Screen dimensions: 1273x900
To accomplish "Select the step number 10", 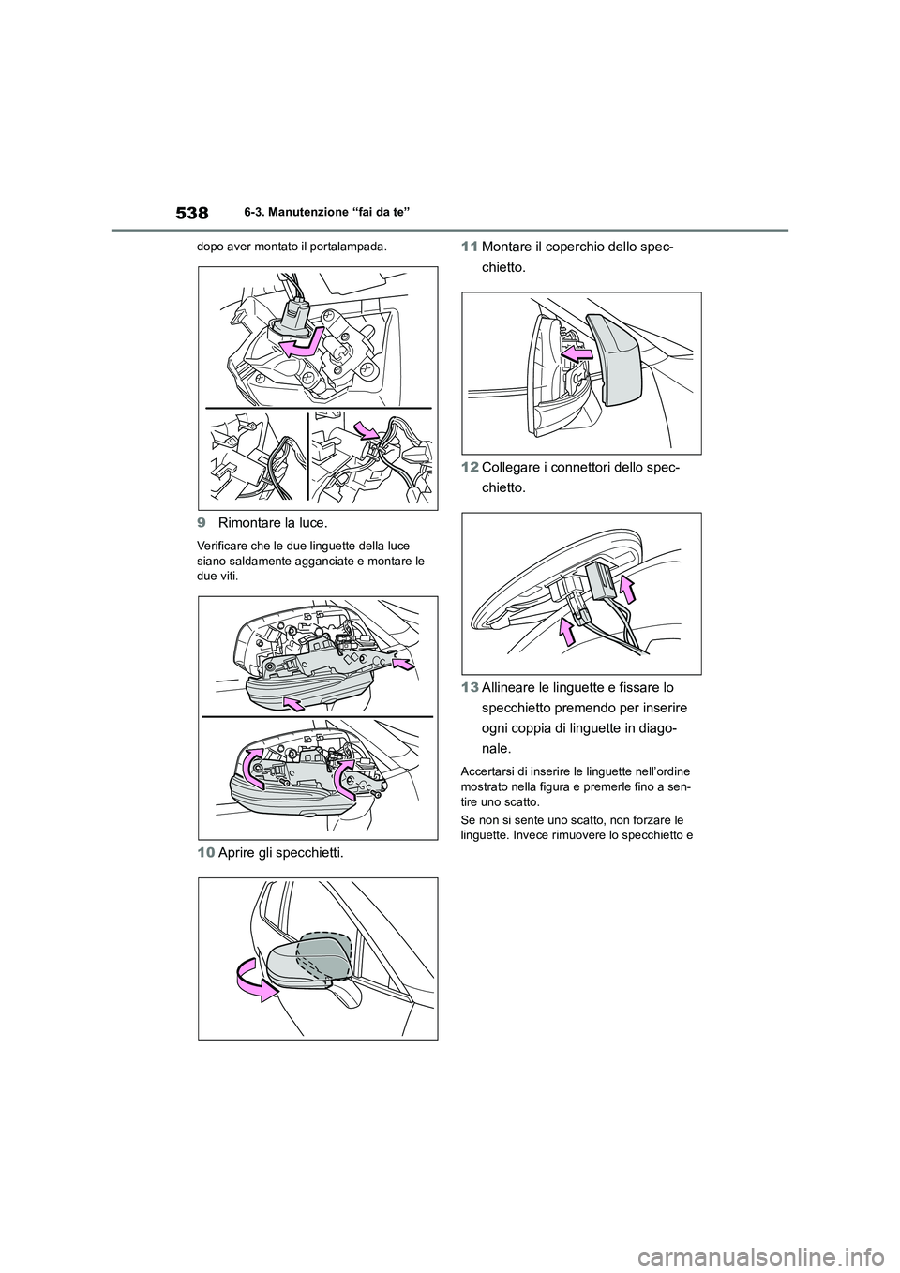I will tap(206, 852).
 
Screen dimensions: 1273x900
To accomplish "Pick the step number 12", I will tap(470, 468).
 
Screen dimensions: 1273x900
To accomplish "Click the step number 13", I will tap(470, 688).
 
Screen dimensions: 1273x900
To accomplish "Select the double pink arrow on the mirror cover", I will tap(578, 353).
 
